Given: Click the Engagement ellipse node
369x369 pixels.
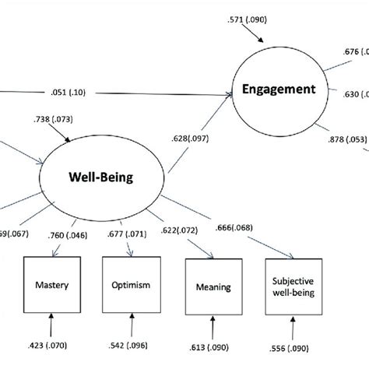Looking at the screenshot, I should coord(278,90).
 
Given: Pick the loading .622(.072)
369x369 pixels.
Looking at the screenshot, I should coord(201,231).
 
